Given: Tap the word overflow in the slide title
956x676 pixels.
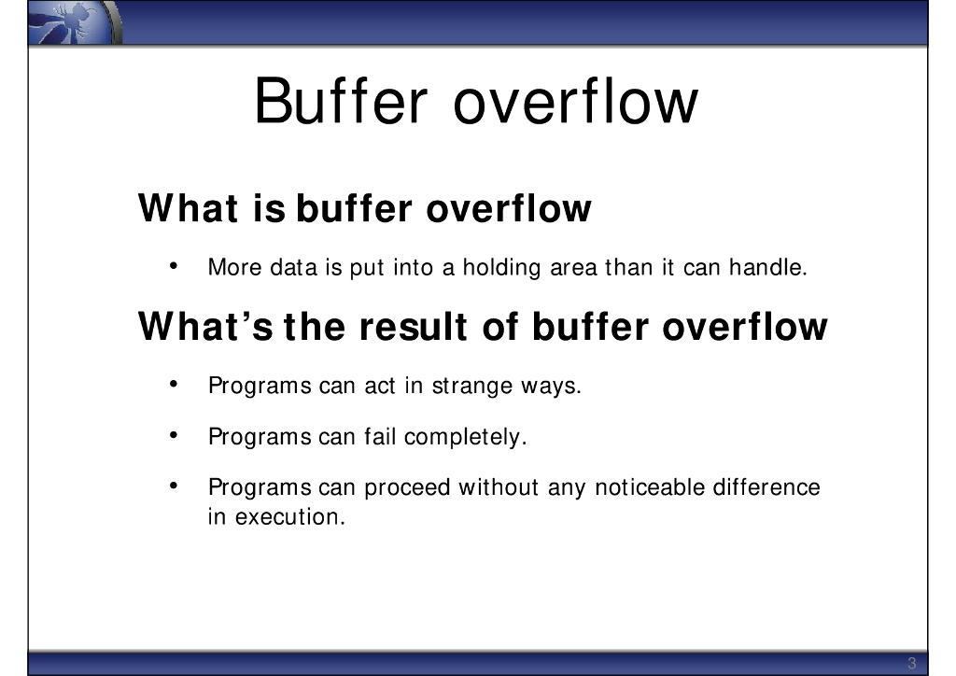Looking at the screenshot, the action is (x=575, y=101).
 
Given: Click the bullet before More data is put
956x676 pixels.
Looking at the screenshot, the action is (x=174, y=266).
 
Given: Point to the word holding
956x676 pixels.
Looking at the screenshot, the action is (x=501, y=268).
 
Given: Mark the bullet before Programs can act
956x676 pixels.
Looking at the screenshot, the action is (x=174, y=384).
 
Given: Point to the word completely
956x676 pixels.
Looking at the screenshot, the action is (x=465, y=437).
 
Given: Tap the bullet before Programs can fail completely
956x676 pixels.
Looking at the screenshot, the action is (x=174, y=435).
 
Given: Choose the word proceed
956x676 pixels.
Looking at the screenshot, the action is (x=407, y=487).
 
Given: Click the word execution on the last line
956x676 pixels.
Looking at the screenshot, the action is (x=290, y=517).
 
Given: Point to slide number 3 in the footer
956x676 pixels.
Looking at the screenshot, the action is (x=911, y=663).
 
